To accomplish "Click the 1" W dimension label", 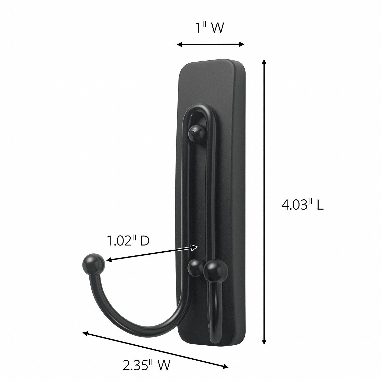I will point(209,28).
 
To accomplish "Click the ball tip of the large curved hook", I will point(94,263).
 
